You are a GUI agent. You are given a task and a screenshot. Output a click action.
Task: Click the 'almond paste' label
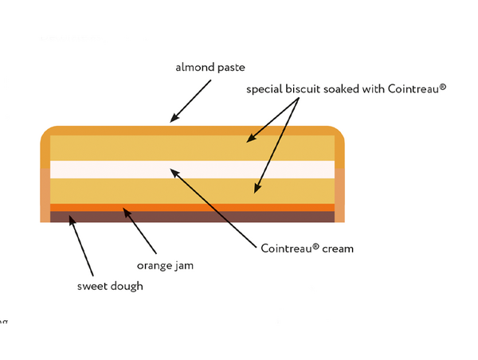210,68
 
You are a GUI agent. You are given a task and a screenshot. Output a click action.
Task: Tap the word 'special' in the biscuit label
264,89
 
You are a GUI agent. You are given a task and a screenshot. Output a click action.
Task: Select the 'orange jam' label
165,265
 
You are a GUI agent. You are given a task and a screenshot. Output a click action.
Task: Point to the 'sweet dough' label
110,286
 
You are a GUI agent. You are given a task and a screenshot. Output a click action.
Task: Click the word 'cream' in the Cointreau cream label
338,248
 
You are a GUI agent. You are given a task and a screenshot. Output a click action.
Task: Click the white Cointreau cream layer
192,170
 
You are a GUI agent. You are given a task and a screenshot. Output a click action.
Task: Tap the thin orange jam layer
192,208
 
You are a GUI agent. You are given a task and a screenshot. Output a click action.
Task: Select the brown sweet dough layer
192,217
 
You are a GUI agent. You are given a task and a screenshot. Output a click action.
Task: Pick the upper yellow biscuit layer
192,148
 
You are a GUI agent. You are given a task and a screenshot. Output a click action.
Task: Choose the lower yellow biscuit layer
192,191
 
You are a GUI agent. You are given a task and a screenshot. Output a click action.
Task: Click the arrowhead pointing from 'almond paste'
174,118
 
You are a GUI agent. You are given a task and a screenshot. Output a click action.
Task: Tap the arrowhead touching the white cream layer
174,173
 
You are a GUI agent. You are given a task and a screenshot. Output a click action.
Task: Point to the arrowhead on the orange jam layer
127,212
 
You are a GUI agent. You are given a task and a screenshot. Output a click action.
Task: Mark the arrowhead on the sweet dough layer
72,221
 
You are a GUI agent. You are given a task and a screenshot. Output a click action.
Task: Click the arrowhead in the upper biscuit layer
251,139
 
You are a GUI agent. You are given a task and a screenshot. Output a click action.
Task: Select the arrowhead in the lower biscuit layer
257,189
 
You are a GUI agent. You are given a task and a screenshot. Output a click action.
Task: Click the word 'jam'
184,266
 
